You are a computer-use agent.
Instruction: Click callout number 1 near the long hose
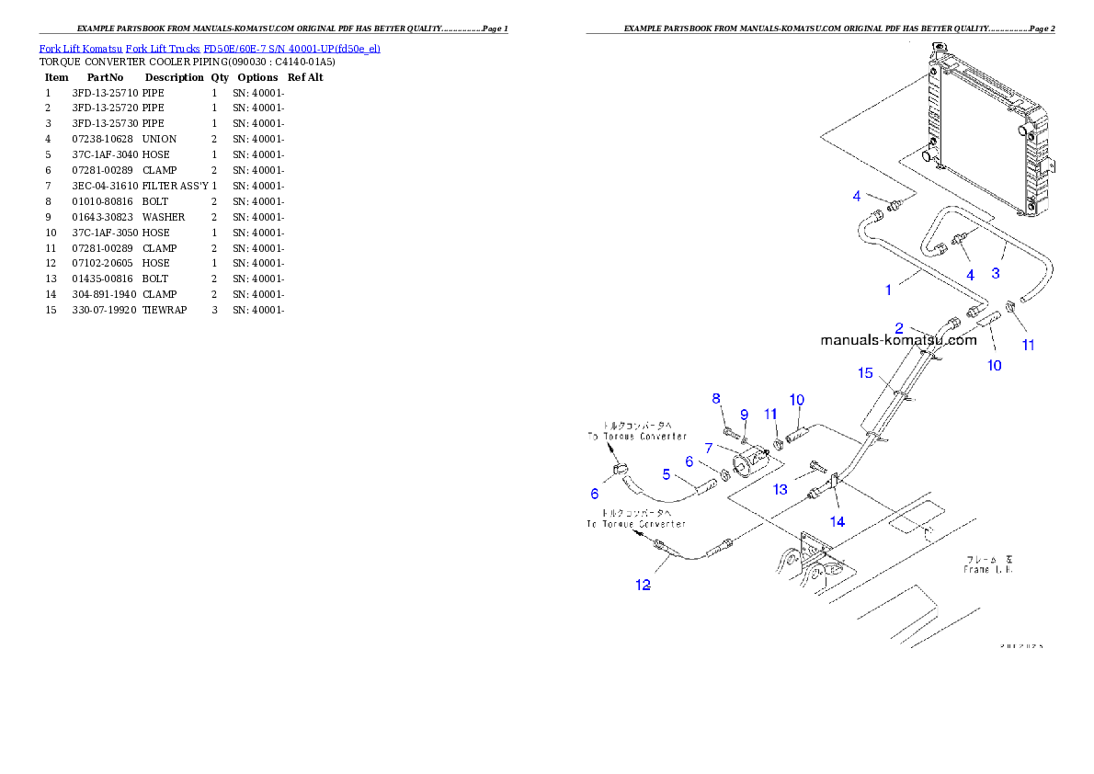tap(888, 290)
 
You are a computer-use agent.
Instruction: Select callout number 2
tap(900, 327)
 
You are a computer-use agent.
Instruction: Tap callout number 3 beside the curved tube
tap(995, 273)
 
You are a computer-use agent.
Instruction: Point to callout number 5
tap(667, 474)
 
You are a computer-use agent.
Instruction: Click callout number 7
tap(709, 448)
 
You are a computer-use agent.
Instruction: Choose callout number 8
tap(716, 398)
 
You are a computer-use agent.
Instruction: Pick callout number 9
tap(744, 415)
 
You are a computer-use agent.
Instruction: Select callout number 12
tap(643, 585)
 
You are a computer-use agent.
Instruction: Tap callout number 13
tap(780, 490)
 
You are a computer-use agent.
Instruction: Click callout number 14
tap(838, 521)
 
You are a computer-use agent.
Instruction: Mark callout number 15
tap(865, 372)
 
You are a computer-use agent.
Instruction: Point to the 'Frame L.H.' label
tap(988, 564)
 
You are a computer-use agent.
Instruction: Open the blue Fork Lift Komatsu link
tap(210, 48)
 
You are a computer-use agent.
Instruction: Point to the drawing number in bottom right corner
tap(1020, 645)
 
